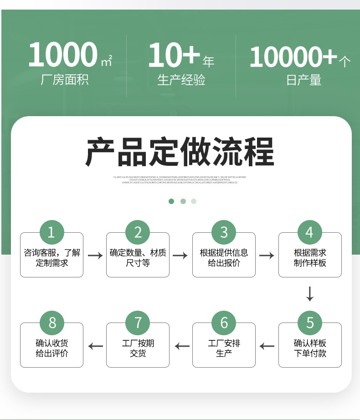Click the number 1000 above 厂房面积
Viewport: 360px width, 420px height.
pos(63,55)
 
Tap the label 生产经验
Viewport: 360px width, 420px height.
pos(181,80)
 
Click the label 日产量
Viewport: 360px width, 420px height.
pos(304,81)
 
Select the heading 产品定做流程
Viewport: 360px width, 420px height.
pos(180,152)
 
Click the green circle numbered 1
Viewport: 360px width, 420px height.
pos(51,232)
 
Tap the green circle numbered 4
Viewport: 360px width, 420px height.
pos(310,232)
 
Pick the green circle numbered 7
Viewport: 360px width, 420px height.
pos(138,323)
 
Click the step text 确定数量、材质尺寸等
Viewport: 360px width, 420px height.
pos(138,257)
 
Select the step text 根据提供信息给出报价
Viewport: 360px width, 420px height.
pos(224,257)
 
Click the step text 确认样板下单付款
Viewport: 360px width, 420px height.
pos(310,348)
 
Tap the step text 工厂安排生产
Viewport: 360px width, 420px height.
pos(224,348)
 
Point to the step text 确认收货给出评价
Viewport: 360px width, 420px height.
pos(51,348)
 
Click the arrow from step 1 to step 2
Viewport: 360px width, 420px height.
pos(95,256)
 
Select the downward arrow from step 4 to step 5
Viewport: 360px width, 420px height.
pos(310,294)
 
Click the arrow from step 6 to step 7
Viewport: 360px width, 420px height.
pos(181,346)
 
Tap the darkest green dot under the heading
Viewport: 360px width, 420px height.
pos(171,201)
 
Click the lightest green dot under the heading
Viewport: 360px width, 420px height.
pos(194,201)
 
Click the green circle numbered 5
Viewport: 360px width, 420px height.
pos(310,323)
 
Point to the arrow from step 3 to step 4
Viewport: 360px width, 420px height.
pos(267,256)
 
